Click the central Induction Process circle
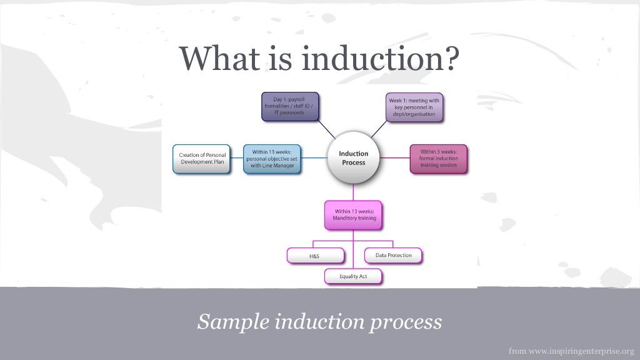(353, 158)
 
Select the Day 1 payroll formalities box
(289, 106)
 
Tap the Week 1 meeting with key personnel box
(414, 107)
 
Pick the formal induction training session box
(438, 159)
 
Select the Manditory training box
(353, 215)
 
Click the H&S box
(316, 256)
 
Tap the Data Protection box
(393, 256)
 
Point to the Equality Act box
(353, 276)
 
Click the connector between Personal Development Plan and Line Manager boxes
(235, 159)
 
